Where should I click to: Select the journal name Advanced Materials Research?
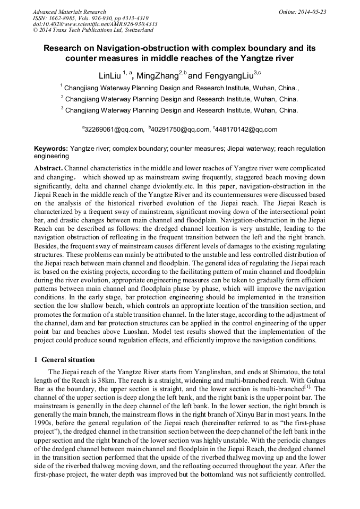[x=69, y=12]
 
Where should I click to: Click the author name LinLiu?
[x=110, y=76]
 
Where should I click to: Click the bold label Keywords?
[x=51, y=149]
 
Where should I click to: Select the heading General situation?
[x=68, y=359]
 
